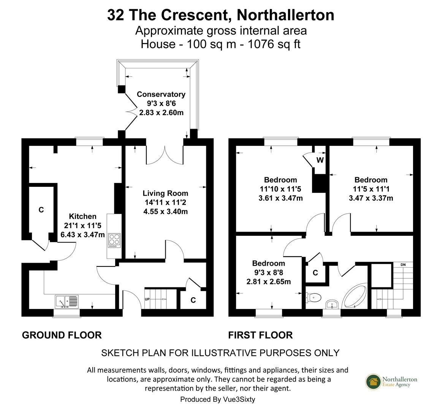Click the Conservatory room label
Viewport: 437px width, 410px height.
161,94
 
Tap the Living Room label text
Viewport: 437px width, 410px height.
165,194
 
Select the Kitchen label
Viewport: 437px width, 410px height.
83,216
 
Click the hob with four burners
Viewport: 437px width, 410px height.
114,240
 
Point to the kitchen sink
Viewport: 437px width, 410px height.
66,301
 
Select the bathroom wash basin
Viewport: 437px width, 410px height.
332,304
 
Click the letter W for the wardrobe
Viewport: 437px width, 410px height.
320,160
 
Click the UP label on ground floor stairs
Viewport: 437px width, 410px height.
147,299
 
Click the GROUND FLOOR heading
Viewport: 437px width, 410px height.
62,335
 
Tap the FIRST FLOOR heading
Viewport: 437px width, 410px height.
260,335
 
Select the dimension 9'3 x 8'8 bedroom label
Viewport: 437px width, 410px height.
269,282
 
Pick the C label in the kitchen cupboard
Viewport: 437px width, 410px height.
41,210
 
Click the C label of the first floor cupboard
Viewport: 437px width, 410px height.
315,273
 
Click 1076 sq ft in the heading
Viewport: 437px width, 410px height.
274,44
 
